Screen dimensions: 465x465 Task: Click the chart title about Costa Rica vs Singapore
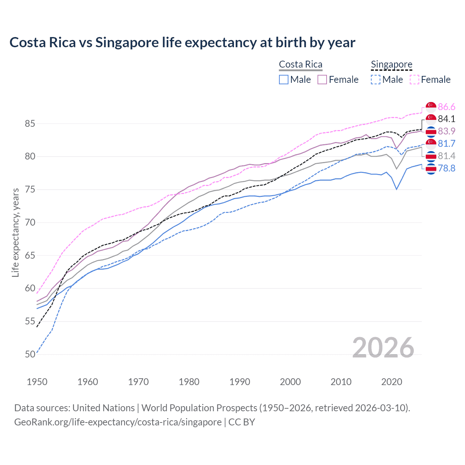click(x=182, y=43)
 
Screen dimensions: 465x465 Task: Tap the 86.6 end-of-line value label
click(x=446, y=107)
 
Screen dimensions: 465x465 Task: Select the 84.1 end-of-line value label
click(x=446, y=119)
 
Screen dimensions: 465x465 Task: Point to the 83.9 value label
click(x=446, y=131)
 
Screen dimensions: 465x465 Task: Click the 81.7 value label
click(x=446, y=143)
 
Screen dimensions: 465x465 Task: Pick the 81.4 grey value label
click(x=446, y=156)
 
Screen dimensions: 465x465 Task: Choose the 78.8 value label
click(x=446, y=168)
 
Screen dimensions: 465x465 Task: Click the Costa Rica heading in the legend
click(x=300, y=64)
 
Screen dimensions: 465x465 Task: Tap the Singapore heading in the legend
click(x=391, y=64)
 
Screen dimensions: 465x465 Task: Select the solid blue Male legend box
click(x=284, y=80)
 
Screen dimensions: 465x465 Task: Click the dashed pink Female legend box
click(x=415, y=80)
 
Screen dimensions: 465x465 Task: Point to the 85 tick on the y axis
click(x=30, y=124)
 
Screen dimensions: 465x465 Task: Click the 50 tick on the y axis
click(x=30, y=354)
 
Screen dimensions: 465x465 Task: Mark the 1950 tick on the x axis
click(x=37, y=382)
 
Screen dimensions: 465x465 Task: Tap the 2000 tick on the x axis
click(x=290, y=382)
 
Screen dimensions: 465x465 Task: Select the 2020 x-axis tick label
click(x=392, y=382)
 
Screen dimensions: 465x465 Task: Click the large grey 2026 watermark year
click(x=383, y=348)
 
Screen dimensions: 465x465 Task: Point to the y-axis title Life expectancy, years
click(x=15, y=232)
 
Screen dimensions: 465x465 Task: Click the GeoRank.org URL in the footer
click(x=118, y=422)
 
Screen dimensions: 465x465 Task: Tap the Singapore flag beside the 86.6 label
click(x=431, y=107)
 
